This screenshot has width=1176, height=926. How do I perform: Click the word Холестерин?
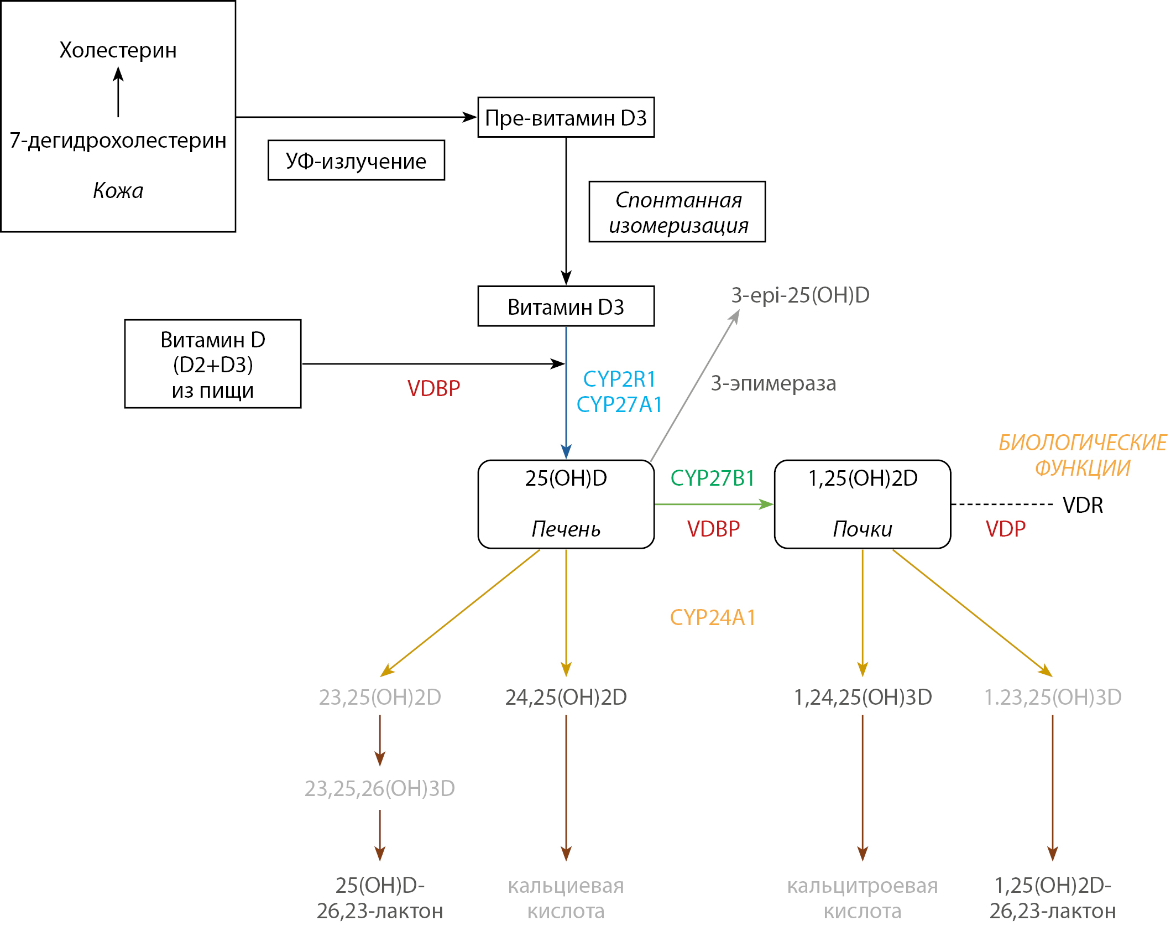click(x=118, y=50)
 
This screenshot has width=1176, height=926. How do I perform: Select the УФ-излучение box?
click(x=356, y=160)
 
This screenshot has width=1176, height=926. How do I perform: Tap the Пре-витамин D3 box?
click(x=566, y=118)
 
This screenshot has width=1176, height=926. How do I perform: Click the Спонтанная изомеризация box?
click(x=677, y=212)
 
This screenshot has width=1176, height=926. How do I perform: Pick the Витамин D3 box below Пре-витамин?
click(x=566, y=306)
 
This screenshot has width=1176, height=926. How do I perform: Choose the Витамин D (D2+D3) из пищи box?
click(x=213, y=364)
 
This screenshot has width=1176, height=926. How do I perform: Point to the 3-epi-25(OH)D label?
click(x=800, y=295)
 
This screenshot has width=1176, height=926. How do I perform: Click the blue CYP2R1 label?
click(x=619, y=379)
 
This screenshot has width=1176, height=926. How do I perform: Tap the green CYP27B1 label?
click(x=713, y=478)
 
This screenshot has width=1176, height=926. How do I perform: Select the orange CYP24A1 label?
click(x=713, y=617)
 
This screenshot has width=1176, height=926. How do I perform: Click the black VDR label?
click(x=1083, y=505)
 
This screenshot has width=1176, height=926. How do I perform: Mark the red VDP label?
click(x=1005, y=529)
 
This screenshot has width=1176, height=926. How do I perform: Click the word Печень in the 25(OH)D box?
click(x=566, y=529)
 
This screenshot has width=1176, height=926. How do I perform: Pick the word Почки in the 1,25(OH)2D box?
click(x=863, y=529)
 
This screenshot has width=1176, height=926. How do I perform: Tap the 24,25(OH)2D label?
click(x=566, y=698)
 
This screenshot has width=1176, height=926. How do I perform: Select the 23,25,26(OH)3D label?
click(x=380, y=788)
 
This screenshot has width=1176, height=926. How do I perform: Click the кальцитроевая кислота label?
click(x=863, y=898)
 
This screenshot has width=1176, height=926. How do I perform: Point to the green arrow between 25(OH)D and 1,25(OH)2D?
click(x=713, y=504)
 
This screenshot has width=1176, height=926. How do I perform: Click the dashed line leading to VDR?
click(x=1001, y=504)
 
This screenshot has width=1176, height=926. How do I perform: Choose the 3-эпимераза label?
click(x=773, y=383)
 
